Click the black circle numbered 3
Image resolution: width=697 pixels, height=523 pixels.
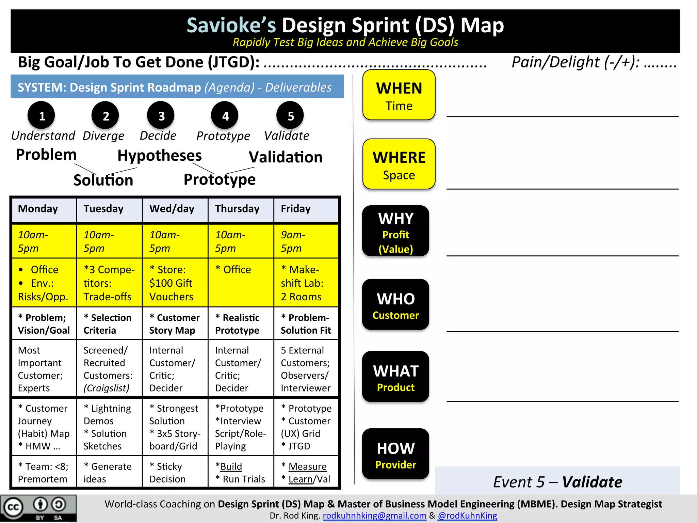161,115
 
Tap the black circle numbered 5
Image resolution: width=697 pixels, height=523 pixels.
290,115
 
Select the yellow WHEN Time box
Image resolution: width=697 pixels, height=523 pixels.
399,95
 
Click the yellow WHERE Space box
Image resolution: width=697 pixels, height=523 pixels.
399,164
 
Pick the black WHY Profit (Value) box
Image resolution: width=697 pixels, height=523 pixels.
395,231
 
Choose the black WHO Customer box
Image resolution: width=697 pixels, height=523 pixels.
395,304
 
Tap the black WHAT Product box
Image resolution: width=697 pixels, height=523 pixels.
395,377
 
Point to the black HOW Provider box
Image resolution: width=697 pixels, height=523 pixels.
395,454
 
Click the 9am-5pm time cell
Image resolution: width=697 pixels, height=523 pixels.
306,241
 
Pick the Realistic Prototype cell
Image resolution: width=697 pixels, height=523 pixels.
241,323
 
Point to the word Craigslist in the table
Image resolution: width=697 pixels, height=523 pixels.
107,388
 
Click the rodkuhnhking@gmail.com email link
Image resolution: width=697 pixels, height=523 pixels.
374,516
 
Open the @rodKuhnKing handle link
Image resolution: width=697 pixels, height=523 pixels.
467,516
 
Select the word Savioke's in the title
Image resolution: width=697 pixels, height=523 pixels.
231,26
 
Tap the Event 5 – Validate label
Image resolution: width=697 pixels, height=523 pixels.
557,482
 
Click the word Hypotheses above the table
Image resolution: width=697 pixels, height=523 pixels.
160,156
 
